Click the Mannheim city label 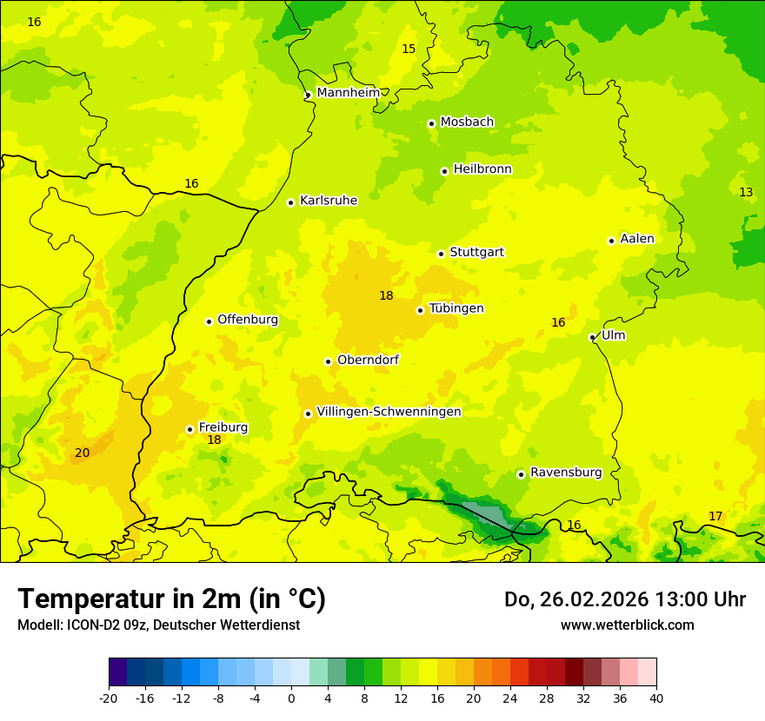click(x=348, y=92)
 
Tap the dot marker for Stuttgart click(x=441, y=254)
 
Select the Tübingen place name click(x=456, y=308)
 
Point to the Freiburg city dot click(x=190, y=429)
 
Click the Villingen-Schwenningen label click(x=389, y=412)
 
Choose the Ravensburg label click(x=566, y=473)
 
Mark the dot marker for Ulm click(x=592, y=337)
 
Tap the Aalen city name click(x=637, y=239)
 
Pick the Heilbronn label click(x=482, y=169)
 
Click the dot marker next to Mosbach click(x=431, y=123)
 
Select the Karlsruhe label click(x=329, y=201)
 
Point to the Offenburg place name click(x=248, y=320)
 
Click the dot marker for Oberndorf click(x=328, y=361)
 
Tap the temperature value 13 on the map click(x=746, y=192)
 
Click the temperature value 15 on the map click(x=409, y=49)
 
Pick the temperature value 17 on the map click(x=715, y=516)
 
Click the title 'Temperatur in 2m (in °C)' click(x=171, y=599)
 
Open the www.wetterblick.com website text click(x=627, y=625)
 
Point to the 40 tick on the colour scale click(x=655, y=697)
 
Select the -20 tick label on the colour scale click(x=109, y=697)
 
